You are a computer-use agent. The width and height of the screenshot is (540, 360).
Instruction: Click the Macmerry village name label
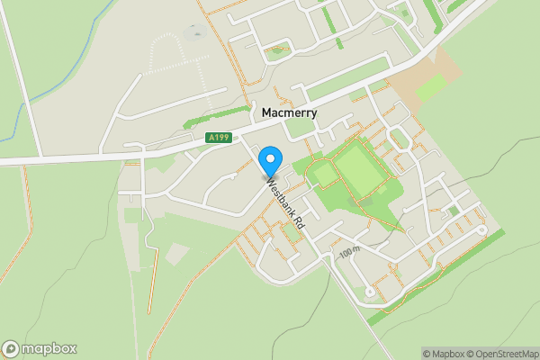pos(294,114)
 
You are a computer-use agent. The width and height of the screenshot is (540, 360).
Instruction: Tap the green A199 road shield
pos(218,138)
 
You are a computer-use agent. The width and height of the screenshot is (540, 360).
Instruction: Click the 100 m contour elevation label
pos(350,254)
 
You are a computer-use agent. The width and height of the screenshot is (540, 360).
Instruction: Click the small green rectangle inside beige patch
pos(430,87)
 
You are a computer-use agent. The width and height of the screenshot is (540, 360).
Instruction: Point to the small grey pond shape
pos(194,34)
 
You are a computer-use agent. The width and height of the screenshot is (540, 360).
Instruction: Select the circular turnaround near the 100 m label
pos(370,292)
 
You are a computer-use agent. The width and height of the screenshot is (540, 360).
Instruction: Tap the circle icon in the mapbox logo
pos(11,349)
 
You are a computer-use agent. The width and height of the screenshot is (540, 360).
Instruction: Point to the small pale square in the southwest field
pos(175,255)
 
